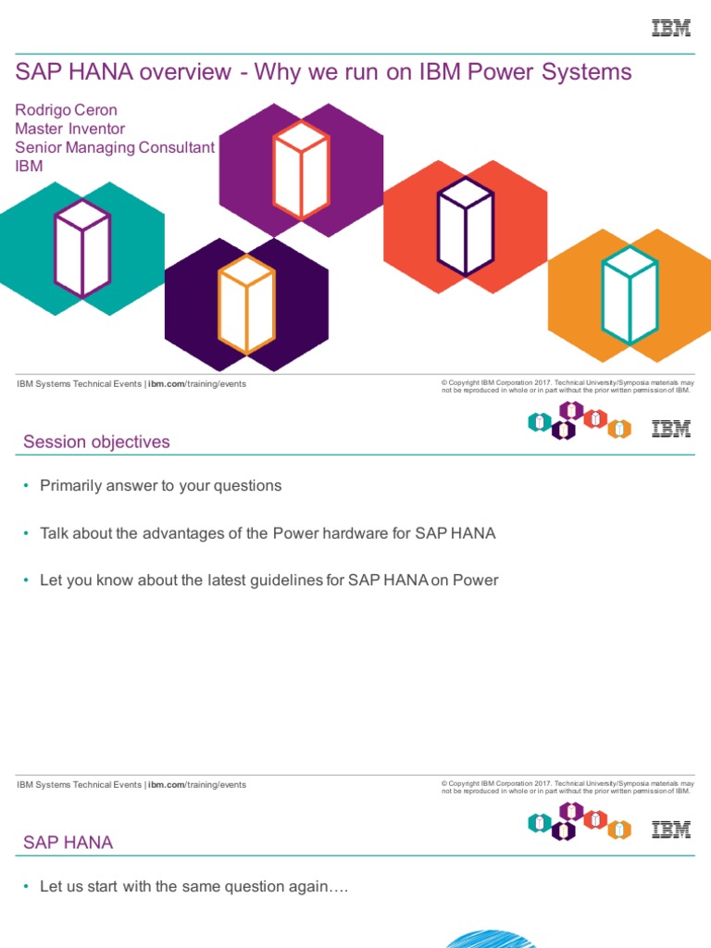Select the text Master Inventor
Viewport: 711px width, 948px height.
pos(70,129)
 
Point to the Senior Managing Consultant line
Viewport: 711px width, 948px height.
pos(115,147)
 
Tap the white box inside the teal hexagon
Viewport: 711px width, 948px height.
pos(82,247)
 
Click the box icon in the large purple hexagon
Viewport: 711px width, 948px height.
pos(301,169)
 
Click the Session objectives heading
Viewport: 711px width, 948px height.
pos(96,442)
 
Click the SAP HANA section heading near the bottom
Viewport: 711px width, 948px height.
pos(68,842)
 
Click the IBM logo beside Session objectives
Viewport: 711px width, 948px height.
pos(671,428)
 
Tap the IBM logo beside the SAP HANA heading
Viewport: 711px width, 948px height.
pos(671,829)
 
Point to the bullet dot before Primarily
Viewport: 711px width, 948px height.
pos(26,486)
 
